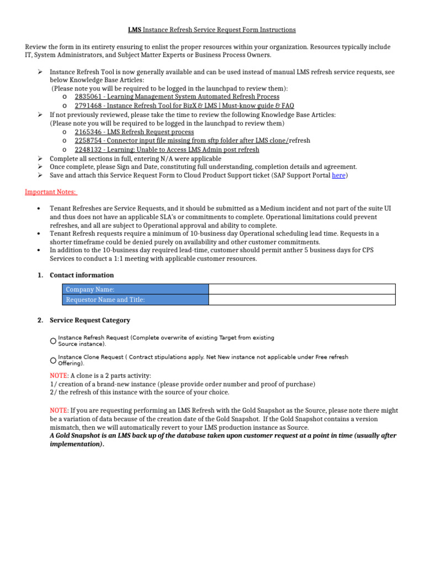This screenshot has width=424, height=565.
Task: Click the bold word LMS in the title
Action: (x=134, y=30)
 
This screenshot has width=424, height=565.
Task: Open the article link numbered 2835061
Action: (x=177, y=97)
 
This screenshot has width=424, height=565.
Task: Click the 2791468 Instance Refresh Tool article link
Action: (x=184, y=105)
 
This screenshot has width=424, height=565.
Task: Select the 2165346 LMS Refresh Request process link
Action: (x=134, y=132)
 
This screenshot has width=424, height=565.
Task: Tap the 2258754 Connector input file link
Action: (x=182, y=141)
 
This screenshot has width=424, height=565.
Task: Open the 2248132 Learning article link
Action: (x=167, y=150)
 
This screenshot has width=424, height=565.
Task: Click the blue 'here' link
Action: (x=338, y=175)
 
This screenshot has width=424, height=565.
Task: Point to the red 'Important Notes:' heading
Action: (x=51, y=192)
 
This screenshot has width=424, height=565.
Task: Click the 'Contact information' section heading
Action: (x=82, y=275)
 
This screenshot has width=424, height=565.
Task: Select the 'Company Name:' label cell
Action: (x=135, y=289)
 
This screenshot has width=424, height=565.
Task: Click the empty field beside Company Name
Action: (x=302, y=289)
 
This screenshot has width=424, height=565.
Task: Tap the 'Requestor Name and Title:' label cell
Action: (x=135, y=300)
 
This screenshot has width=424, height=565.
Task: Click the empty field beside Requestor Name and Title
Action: (x=302, y=300)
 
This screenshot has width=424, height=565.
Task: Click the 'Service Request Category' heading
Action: (x=90, y=320)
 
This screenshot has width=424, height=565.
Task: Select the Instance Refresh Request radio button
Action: (x=53, y=341)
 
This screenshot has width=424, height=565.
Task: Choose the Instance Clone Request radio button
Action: (x=53, y=360)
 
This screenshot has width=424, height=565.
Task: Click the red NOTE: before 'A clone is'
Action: (x=59, y=375)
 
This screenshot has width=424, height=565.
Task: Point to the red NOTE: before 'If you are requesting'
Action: (x=59, y=411)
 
